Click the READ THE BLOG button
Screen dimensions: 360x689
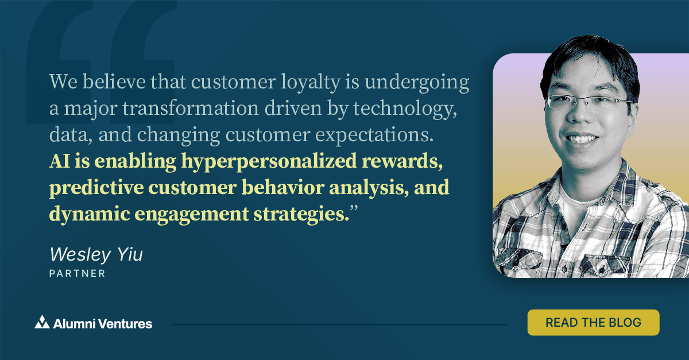click(x=593, y=322)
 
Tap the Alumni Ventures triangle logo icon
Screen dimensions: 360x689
click(x=42, y=323)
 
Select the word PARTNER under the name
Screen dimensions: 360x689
click(x=78, y=274)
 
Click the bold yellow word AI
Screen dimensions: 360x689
click(x=60, y=162)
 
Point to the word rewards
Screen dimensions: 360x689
click(x=409, y=162)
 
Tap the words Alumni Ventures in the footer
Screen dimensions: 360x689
click(x=102, y=323)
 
